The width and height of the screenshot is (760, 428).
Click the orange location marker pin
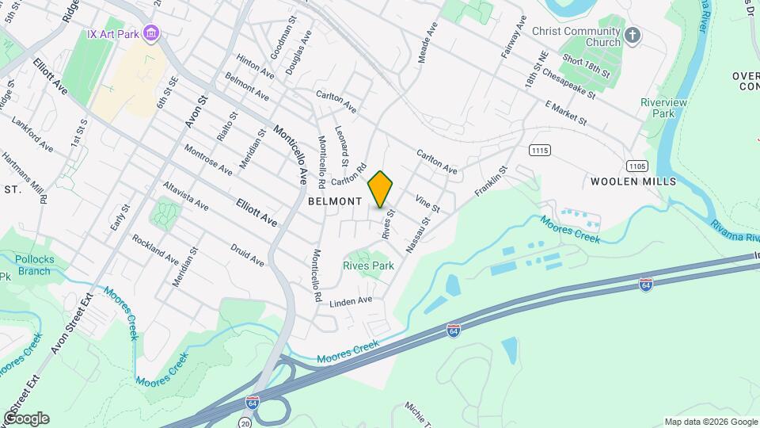[x=381, y=189]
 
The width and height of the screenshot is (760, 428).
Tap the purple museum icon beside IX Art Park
[x=152, y=34]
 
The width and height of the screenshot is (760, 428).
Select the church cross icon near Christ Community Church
[x=632, y=35]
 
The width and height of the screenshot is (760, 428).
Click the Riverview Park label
[x=663, y=108]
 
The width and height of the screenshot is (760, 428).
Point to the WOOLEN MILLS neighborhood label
[x=633, y=182]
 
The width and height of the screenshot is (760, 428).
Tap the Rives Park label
[x=368, y=266]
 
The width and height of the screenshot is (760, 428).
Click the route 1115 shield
[x=540, y=150]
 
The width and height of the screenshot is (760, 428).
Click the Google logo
[x=26, y=418]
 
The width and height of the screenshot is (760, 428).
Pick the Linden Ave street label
[x=351, y=301]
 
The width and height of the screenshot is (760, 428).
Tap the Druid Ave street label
[x=247, y=255]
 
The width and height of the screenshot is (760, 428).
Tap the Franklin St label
[x=491, y=183]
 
